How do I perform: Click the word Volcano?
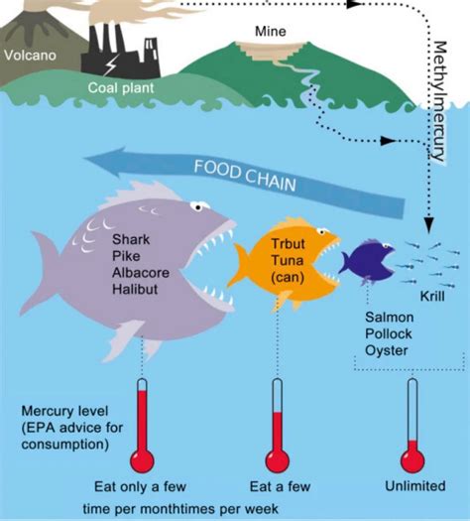tap(30, 56)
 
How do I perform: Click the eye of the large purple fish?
tap(201, 209)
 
